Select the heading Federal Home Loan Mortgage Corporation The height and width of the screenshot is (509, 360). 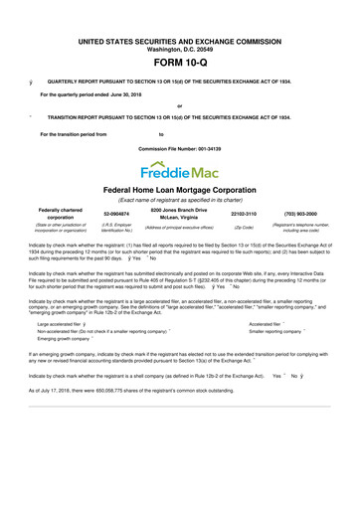coord(180,189)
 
